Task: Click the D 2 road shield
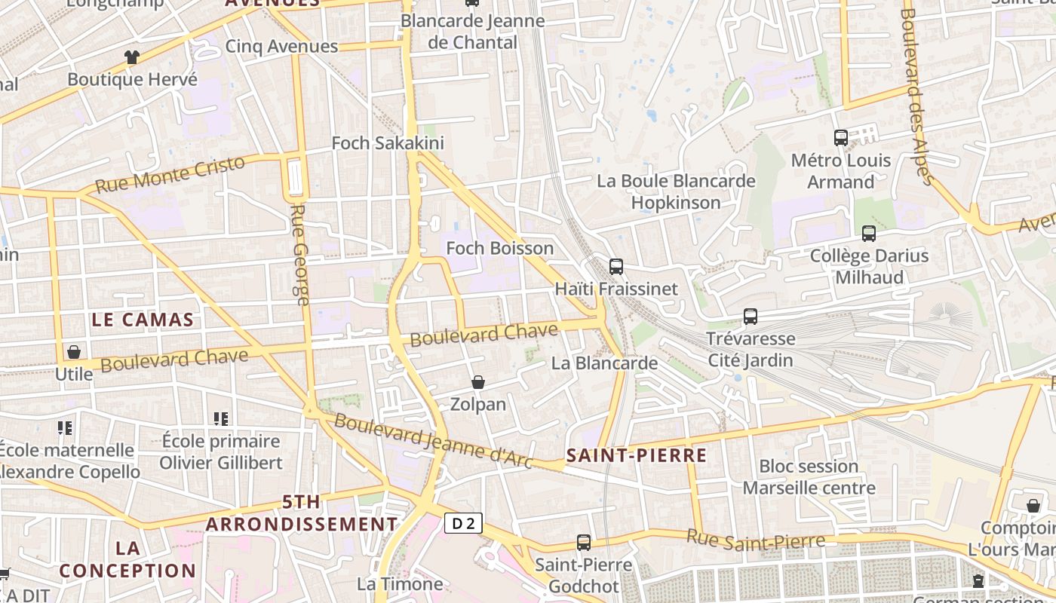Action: pos(463,523)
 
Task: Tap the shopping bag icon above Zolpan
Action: pos(477,383)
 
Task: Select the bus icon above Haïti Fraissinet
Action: pos(616,267)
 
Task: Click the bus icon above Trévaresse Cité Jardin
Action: pos(750,317)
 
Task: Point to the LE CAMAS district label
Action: pos(143,320)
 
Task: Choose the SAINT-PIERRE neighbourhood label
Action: pos(637,455)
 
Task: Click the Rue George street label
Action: pos(300,255)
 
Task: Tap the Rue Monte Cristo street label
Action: pos(170,175)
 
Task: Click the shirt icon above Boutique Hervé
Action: pos(132,57)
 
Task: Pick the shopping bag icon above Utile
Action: pos(74,352)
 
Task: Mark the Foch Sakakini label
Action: pos(388,143)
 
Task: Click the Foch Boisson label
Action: pos(499,248)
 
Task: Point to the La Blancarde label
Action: pos(604,363)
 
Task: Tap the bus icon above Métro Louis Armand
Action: pos(841,138)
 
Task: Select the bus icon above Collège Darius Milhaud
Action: pos(868,234)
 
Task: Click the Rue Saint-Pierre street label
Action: pos(755,540)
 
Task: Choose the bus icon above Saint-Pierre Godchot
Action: pos(584,543)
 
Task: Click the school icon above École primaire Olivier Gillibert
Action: pos(220,419)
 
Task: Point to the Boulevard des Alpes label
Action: pos(917,96)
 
